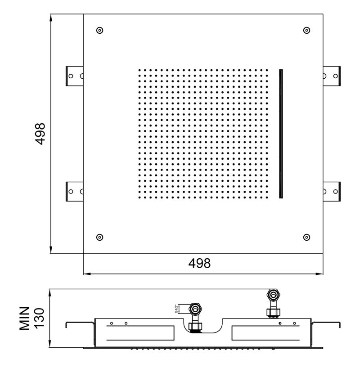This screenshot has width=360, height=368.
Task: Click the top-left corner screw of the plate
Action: coord(100,30)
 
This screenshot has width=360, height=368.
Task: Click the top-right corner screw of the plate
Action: coord(306,30)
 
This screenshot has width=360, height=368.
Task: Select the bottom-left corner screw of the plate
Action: coord(100,237)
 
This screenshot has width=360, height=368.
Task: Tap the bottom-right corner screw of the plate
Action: coord(306,237)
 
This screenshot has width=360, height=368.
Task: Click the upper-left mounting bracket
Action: coord(74,76)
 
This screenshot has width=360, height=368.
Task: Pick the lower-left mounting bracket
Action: coord(74,192)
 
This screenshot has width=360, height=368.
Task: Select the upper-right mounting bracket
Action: coord(332,76)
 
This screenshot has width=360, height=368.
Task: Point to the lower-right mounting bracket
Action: coord(332,192)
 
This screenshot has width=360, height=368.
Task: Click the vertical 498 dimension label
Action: coord(40,134)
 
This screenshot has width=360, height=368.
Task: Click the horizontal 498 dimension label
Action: coord(199,263)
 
